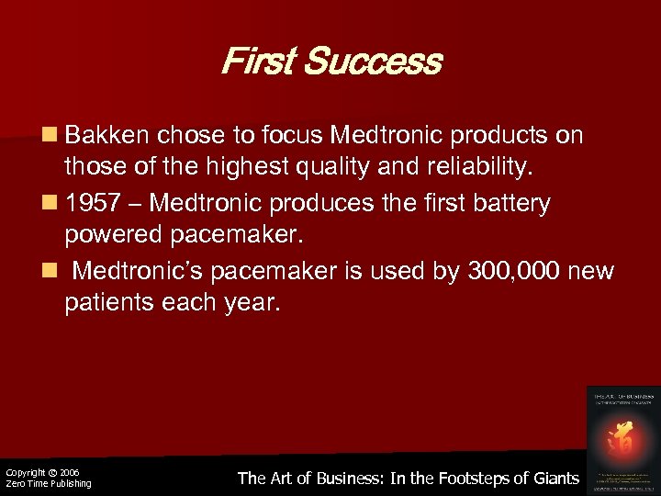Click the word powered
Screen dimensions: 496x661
(114, 235)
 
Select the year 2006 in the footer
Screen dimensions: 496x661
(70, 472)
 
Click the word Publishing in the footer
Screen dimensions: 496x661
(68, 484)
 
